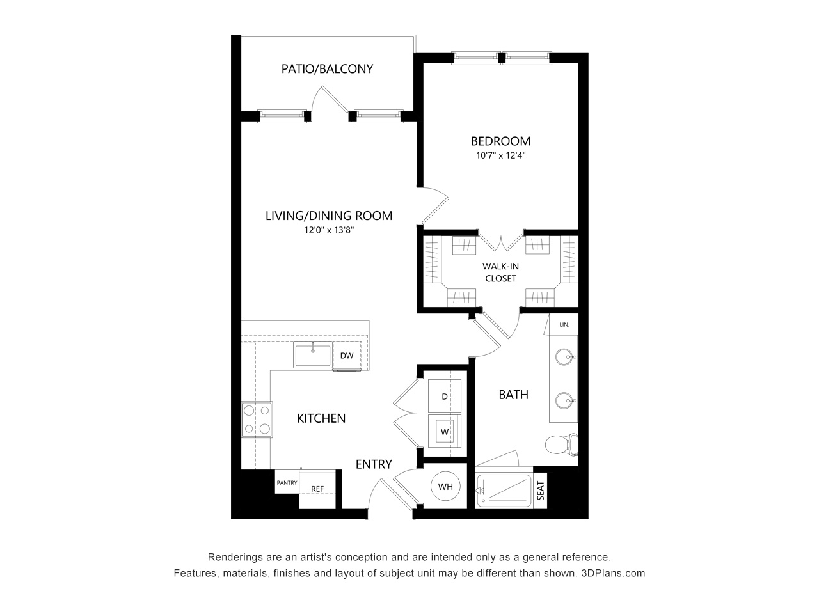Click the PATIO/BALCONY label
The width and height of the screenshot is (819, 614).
(327, 69)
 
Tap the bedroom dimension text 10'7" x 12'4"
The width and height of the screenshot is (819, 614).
(500, 155)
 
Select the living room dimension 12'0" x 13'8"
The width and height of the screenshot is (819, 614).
(329, 230)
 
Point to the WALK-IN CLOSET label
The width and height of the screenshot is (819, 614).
(500, 272)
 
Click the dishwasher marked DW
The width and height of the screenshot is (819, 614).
(347, 355)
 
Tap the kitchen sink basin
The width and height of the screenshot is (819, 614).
(313, 355)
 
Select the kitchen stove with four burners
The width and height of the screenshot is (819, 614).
(257, 420)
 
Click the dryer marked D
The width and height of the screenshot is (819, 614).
(445, 396)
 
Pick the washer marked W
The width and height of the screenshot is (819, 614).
(445, 431)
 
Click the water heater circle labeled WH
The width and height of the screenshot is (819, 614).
(445, 486)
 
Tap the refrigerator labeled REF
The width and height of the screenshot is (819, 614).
(317, 489)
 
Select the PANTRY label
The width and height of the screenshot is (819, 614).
(287, 482)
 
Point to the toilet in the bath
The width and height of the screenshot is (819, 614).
(561, 445)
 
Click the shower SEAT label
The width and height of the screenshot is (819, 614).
(540, 491)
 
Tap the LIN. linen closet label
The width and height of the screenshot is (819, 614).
(564, 325)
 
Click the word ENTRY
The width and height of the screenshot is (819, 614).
(374, 464)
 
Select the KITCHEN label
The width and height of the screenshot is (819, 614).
(321, 418)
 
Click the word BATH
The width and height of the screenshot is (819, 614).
(513, 395)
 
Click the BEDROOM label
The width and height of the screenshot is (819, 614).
(500, 141)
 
